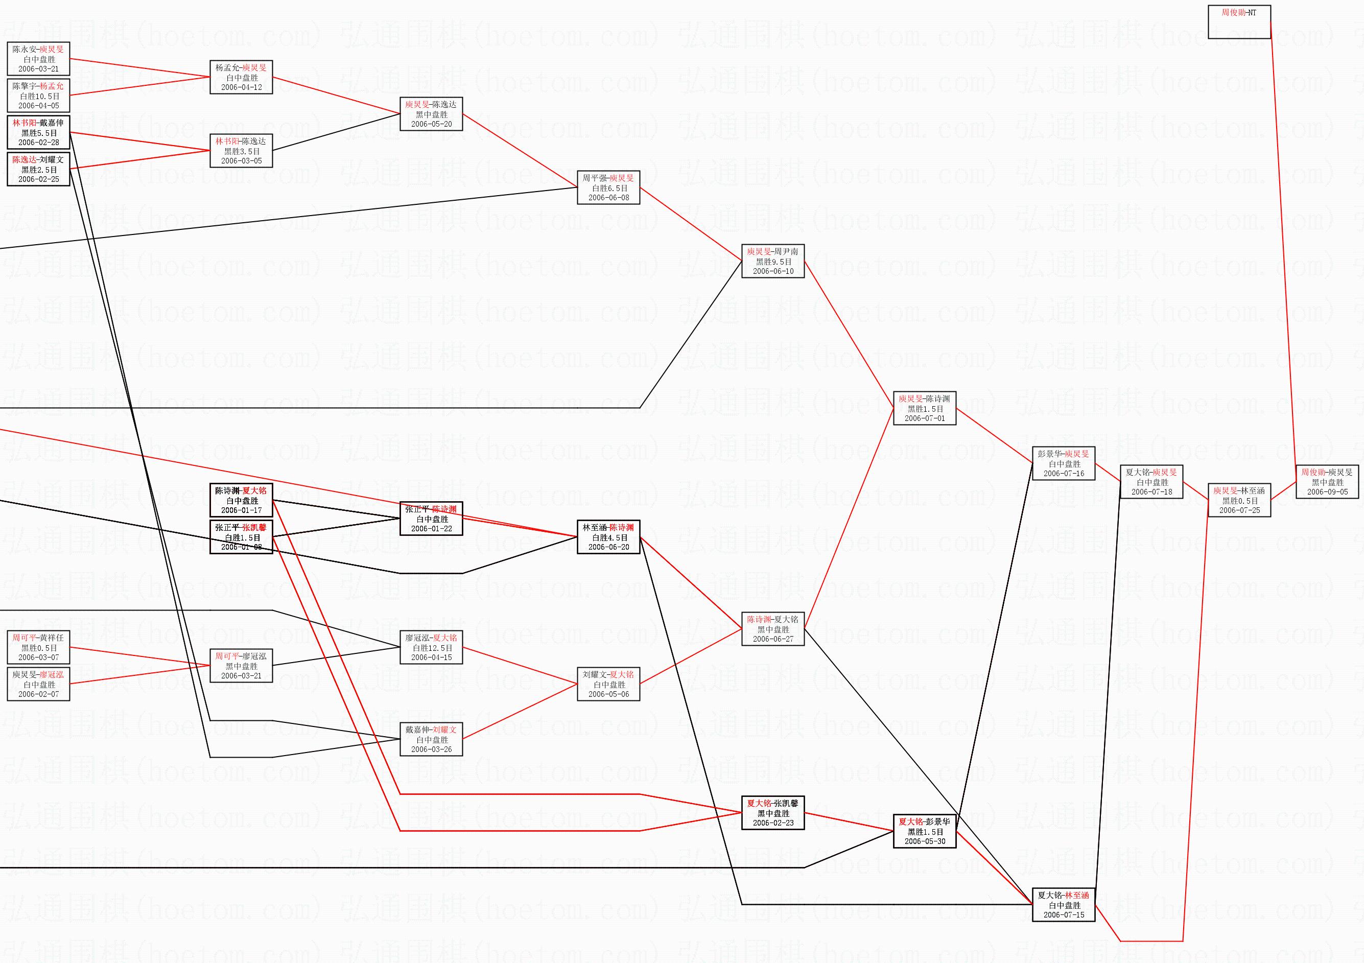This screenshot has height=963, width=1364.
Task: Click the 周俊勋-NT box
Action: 1239,22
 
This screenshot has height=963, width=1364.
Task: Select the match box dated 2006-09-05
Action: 1327,482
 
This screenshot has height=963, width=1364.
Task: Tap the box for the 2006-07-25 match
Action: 1239,500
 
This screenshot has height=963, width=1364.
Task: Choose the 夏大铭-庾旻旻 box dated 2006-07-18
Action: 1151,482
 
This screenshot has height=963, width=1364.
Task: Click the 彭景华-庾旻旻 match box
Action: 1064,463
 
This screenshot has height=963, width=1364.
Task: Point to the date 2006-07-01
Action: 924,418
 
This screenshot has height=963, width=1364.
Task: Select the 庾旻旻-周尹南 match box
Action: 773,261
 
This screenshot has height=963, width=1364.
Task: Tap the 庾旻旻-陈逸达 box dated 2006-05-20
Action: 431,114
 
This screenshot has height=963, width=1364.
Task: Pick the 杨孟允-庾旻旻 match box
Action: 241,77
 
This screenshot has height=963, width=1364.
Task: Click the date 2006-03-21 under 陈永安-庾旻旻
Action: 39,69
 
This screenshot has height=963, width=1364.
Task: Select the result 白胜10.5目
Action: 39,96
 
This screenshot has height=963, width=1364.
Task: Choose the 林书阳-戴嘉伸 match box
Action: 39,132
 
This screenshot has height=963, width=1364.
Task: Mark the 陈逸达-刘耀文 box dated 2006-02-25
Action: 39,169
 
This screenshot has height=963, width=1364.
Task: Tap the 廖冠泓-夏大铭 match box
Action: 431,647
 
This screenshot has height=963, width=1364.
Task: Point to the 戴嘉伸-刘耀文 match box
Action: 431,739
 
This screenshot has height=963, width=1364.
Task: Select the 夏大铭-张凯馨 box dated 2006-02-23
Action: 773,813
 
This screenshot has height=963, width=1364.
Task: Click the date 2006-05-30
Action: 924,841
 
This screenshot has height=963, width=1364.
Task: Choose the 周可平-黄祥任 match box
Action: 39,647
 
